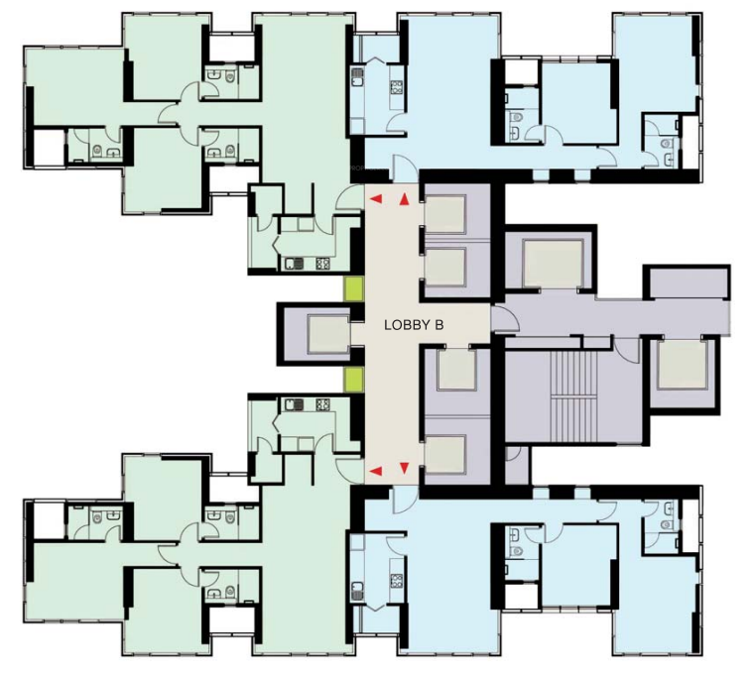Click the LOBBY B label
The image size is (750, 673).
(412, 324)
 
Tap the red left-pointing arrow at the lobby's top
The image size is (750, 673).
(376, 200)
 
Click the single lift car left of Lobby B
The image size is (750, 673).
(317, 333)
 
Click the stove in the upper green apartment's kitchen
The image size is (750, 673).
(320, 263)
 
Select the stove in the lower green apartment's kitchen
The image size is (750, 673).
(320, 403)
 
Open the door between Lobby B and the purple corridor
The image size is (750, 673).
(503, 319)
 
